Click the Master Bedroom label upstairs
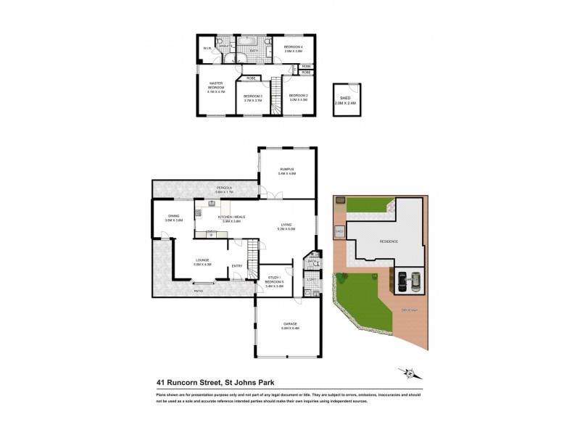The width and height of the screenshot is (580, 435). click(x=216, y=86)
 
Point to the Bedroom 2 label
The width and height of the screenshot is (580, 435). click(x=298, y=97)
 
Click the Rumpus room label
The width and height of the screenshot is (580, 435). click(x=287, y=170)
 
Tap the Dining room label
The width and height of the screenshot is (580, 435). click(x=173, y=217)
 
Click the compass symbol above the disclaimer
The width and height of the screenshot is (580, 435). click(x=410, y=373)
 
